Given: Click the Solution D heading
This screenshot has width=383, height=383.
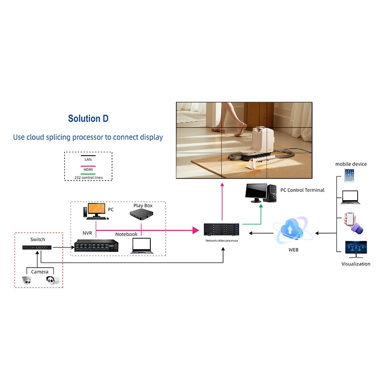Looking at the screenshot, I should pyautogui.click(x=91, y=118).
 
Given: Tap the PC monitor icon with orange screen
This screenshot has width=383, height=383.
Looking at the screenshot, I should pyautogui.click(x=96, y=211).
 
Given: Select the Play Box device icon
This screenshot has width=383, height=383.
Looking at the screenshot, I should pyautogui.click(x=142, y=216).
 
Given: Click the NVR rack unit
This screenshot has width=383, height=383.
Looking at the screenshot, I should pyautogui.click(x=96, y=245).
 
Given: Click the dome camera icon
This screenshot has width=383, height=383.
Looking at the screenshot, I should pyautogui.click(x=27, y=281).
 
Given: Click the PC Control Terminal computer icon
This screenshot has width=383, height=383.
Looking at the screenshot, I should pyautogui.click(x=260, y=192).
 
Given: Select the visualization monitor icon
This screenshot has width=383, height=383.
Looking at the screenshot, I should pyautogui.click(x=356, y=249).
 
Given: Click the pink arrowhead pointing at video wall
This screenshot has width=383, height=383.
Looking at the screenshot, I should pyautogui.click(x=222, y=185).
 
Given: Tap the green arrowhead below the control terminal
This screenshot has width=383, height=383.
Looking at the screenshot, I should pyautogui.click(x=261, y=206).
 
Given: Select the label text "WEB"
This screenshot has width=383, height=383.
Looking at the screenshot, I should pyautogui.click(x=293, y=250).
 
